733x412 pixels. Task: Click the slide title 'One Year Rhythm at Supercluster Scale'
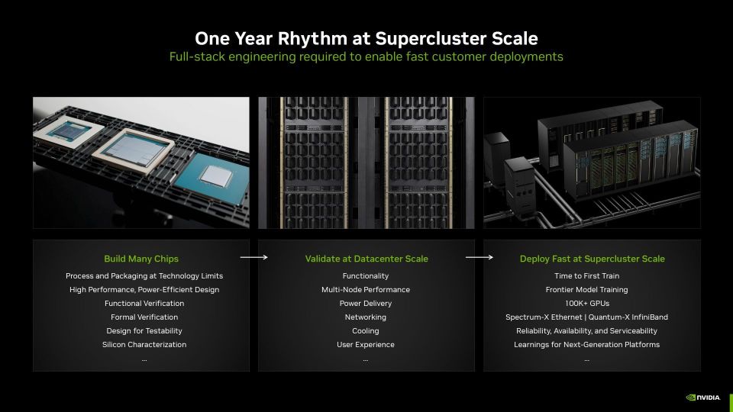pyautogui.click(x=366, y=38)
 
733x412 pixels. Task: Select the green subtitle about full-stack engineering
pyautogui.click(x=366, y=56)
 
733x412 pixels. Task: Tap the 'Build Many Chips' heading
pyautogui.click(x=141, y=259)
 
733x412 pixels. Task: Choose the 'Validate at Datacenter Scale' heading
pyautogui.click(x=366, y=259)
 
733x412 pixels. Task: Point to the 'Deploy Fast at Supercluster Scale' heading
pyautogui.click(x=592, y=259)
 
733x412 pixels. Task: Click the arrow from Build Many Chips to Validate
pyautogui.click(x=253, y=257)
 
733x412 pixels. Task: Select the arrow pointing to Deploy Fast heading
pyautogui.click(x=480, y=257)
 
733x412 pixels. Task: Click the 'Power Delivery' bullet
pyautogui.click(x=366, y=304)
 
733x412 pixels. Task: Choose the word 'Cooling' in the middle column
pyautogui.click(x=366, y=331)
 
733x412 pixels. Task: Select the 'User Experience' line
pyautogui.click(x=366, y=345)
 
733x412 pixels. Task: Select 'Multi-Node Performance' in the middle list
pyautogui.click(x=366, y=290)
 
